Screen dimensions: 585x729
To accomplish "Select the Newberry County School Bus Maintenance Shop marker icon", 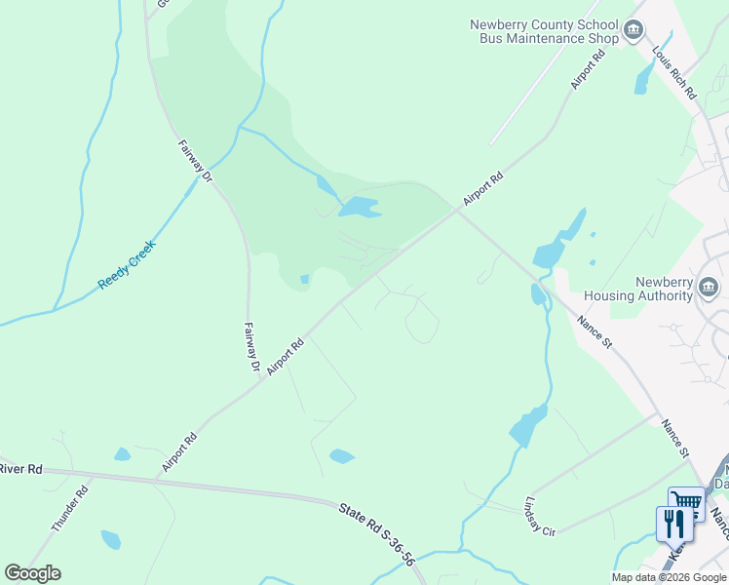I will click(634, 31).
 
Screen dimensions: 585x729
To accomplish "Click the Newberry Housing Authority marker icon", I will click(710, 287).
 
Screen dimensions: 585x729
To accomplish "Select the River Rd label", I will click(21, 470).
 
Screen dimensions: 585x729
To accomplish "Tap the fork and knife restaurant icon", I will click(674, 525).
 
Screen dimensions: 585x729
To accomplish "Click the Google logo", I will click(32, 573).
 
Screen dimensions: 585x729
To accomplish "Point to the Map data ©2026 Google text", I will click(668, 577).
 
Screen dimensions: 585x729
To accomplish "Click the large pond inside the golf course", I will click(358, 208).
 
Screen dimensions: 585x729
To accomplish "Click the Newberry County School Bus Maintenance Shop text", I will click(544, 31).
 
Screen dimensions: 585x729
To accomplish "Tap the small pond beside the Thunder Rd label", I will click(111, 539).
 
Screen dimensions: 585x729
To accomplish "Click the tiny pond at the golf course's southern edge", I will click(304, 280).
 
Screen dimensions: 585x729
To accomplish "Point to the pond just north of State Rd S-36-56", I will click(341, 455).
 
